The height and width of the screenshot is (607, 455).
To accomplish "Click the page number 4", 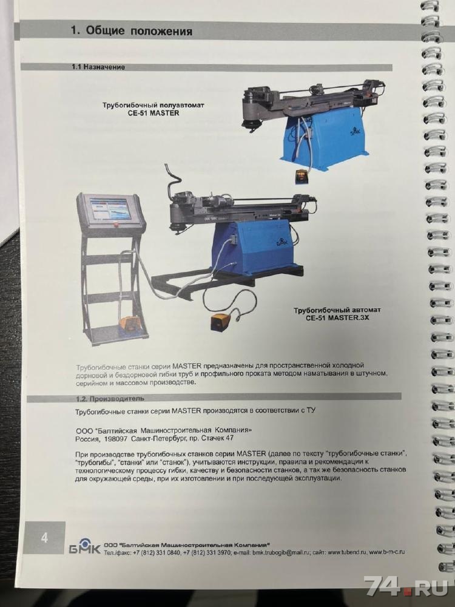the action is click(x=44, y=538).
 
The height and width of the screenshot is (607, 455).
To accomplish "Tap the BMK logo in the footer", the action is click(x=85, y=545).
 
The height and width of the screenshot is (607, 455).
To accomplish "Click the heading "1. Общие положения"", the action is click(x=131, y=30).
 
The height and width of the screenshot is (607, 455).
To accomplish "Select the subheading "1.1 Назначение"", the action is click(x=98, y=67).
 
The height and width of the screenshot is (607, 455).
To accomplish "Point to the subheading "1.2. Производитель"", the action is click(x=110, y=398).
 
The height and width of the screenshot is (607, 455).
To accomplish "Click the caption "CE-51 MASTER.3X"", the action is click(x=337, y=318).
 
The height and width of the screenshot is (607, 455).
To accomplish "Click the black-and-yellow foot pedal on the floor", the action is click(x=221, y=321).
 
